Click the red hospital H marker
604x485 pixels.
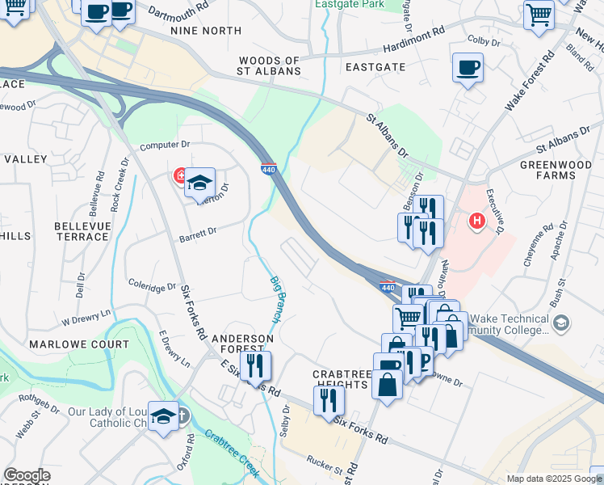(477, 220)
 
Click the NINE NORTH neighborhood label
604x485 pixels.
(206, 31)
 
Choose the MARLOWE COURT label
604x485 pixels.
(79, 344)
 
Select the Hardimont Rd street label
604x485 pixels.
(415, 35)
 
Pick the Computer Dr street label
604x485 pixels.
(164, 145)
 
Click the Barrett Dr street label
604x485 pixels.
(198, 232)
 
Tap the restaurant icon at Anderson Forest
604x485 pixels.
(255, 366)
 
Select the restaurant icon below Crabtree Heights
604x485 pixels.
(329, 400)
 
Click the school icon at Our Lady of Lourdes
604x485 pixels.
(164, 415)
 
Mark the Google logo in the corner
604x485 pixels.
(27, 475)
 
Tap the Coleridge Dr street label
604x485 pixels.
(152, 285)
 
